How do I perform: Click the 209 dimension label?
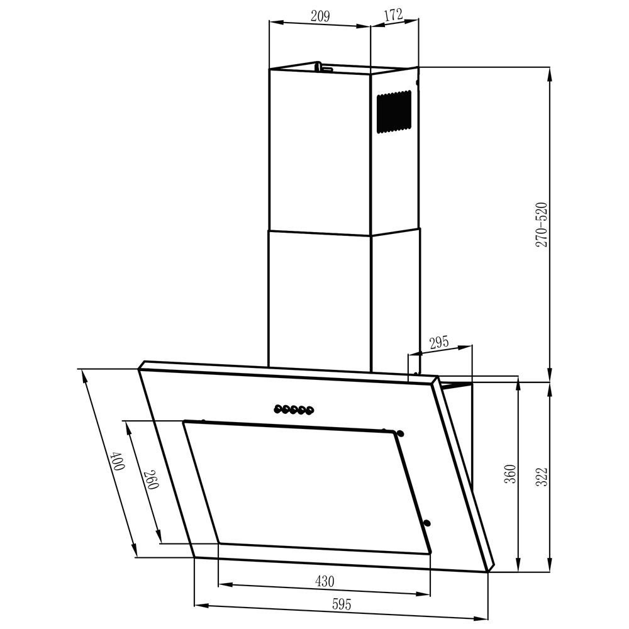320,17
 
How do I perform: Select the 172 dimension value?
393,16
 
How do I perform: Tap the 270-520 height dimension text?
542,224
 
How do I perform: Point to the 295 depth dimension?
438,343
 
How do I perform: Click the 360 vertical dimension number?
510,473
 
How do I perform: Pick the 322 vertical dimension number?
542,477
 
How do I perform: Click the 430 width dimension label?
324,581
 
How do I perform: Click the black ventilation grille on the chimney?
394,112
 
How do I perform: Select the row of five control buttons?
293,410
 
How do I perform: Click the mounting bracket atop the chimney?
323,66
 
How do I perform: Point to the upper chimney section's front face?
319,151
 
